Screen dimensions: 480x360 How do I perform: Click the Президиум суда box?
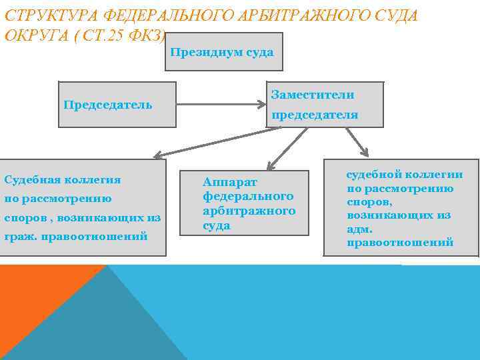point(223,52)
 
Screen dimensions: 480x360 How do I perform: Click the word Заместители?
point(313,95)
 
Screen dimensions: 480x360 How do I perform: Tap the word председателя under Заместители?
point(315,115)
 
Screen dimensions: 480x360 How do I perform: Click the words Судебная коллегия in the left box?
point(63,180)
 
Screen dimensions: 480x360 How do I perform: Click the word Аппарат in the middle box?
point(230,182)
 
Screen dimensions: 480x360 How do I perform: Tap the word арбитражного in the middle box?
point(249,211)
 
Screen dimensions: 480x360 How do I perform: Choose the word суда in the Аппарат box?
point(217,225)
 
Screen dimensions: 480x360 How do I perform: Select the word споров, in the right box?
point(369,201)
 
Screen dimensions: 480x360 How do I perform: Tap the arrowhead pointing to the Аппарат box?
point(271,164)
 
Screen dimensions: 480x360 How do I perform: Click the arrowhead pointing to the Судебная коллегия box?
point(158,156)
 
